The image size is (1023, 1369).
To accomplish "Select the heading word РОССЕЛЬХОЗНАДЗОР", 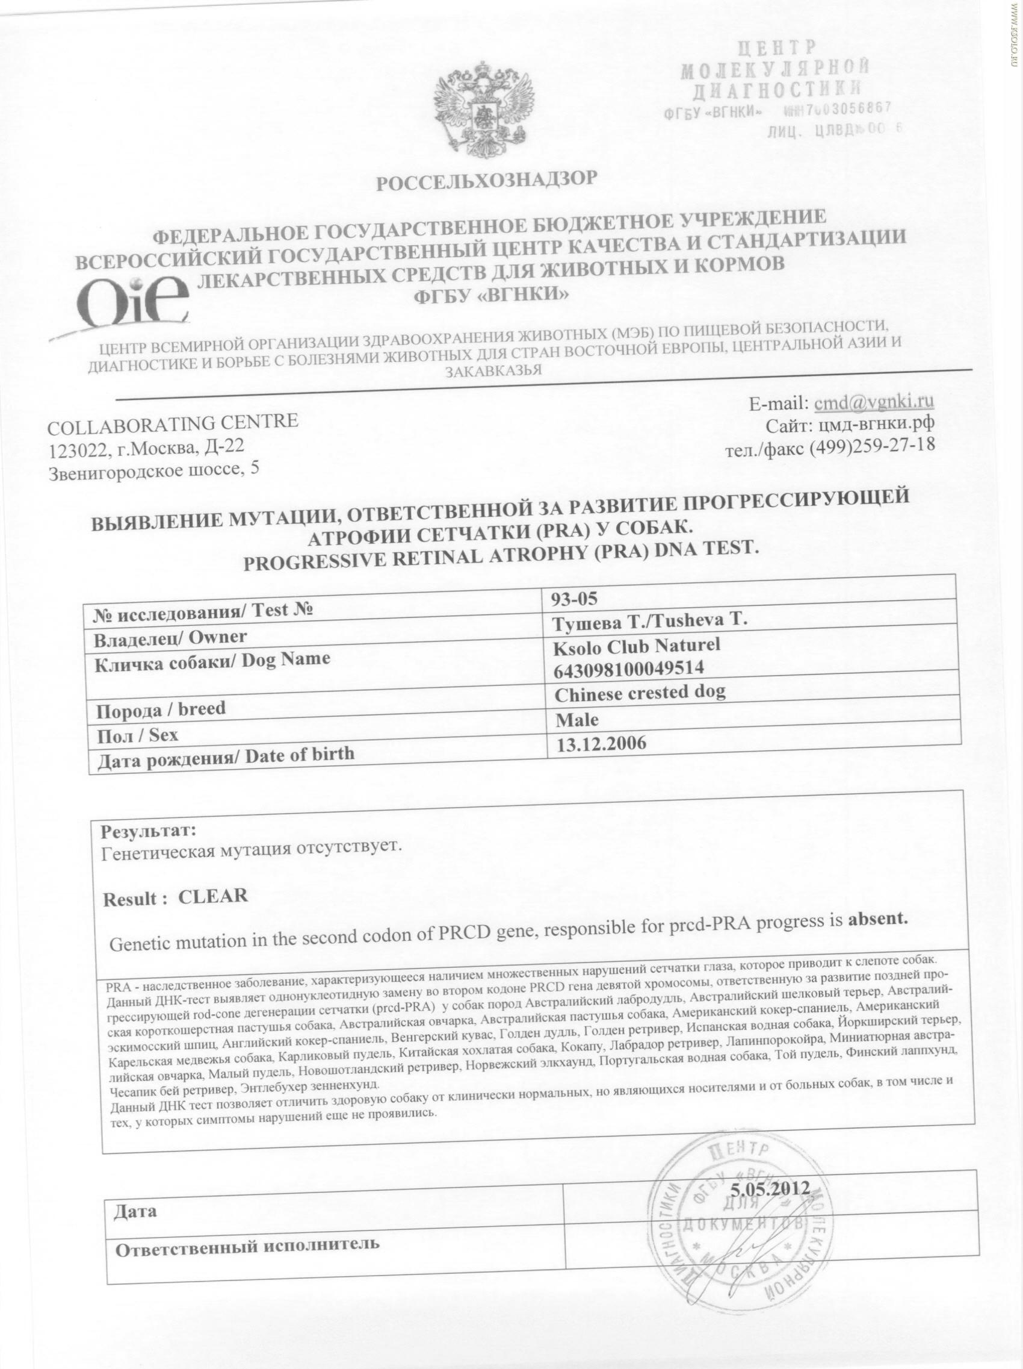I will click(x=487, y=181).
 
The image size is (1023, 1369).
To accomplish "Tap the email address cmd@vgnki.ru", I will click(x=874, y=402).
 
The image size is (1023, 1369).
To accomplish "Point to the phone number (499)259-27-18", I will click(x=871, y=446).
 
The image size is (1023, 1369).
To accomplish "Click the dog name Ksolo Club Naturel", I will click(x=638, y=645).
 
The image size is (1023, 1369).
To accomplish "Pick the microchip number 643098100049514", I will click(x=630, y=669).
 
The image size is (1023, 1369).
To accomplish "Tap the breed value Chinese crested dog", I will click(x=640, y=693).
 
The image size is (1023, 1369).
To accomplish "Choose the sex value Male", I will click(x=576, y=719).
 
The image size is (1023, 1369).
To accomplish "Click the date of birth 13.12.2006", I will click(x=601, y=743).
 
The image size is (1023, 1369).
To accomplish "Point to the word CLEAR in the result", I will click(x=213, y=896).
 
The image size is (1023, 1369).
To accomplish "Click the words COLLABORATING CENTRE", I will click(x=173, y=423).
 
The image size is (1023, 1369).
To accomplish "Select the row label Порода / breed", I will click(x=161, y=709).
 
